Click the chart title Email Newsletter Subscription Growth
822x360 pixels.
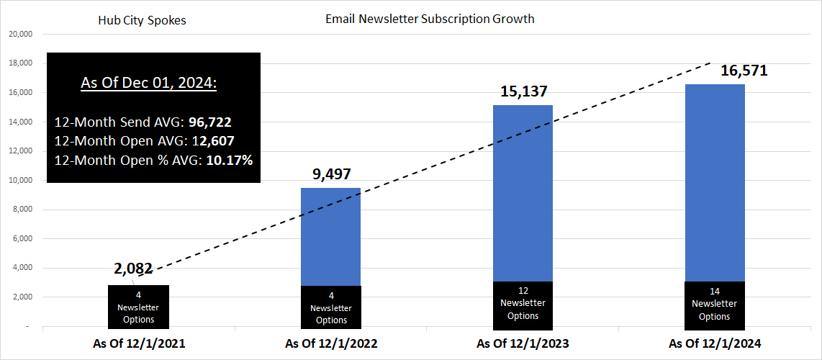pos(430,19)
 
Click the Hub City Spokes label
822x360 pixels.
pos(142,20)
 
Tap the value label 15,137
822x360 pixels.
pos(523,91)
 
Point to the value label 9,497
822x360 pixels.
pos(330,174)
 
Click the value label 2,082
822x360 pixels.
pos(133,269)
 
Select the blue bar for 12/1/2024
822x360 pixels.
pos(715,180)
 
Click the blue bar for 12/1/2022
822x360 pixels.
pos(330,236)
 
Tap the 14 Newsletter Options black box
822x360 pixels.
pos(715,304)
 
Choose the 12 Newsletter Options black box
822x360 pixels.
pos(523,303)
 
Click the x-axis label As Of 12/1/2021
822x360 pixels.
pos(139,343)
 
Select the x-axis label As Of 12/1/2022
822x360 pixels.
pos(331,343)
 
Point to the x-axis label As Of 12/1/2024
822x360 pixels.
pos(715,343)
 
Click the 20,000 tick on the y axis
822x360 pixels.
pos(21,34)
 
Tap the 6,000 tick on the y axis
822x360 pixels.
pos(23,238)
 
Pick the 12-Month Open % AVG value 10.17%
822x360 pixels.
pos(230,160)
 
